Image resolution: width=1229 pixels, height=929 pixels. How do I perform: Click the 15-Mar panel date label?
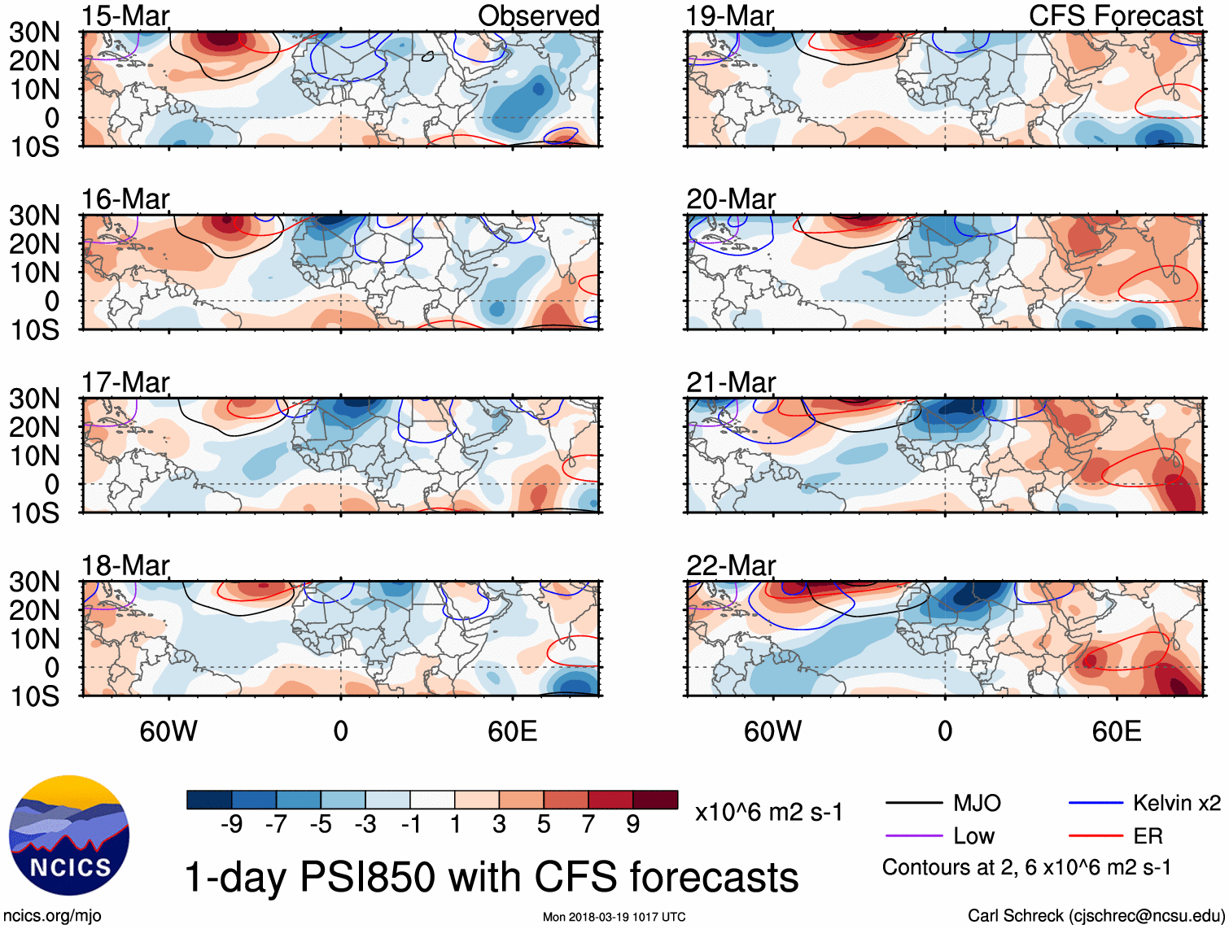pos(125,15)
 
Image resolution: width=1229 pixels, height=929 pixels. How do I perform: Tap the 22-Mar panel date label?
pos(731,565)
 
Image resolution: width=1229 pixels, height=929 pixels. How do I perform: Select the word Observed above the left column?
pos(538,15)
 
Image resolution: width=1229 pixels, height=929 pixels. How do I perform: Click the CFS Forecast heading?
pos(1115,15)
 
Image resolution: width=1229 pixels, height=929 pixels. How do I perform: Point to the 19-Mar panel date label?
pos(729,15)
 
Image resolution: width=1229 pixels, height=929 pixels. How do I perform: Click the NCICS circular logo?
pos(69,835)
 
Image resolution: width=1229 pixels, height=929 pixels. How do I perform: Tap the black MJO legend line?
pos(913,804)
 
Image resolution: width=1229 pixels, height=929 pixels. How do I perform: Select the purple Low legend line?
pos(913,835)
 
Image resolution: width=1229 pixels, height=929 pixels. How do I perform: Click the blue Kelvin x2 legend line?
pos(1096,804)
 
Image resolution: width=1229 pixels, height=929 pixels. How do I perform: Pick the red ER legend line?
pos(1096,835)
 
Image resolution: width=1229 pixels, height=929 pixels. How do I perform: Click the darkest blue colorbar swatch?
pos(209,800)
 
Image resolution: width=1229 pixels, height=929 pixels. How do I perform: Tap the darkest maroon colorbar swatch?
pos(655,800)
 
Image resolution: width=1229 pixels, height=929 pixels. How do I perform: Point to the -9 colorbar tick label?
pos(231,825)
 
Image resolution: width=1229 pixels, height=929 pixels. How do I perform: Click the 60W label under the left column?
pos(168,731)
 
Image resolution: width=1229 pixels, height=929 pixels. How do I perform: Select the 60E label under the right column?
pos(1116,731)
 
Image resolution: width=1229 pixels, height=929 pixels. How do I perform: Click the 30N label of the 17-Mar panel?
pos(34,399)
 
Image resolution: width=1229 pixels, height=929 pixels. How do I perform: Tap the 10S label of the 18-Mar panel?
pos(34,696)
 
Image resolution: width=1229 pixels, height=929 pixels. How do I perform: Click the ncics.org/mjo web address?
pos(52,916)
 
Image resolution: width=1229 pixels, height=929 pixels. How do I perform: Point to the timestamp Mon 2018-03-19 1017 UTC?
pos(614,917)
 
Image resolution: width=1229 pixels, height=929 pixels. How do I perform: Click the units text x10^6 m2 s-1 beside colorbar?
pos(768,812)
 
